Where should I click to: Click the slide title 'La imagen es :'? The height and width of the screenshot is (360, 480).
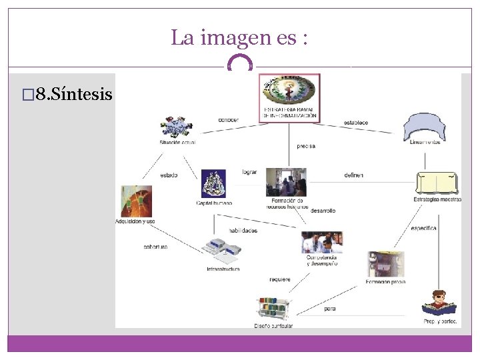[239, 37]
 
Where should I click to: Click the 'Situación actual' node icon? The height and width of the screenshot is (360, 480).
[177, 127]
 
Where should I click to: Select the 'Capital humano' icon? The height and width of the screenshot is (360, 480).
[214, 183]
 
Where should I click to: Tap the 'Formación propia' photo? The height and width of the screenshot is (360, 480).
[385, 265]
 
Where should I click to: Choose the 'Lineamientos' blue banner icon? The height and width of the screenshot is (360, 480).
[425, 127]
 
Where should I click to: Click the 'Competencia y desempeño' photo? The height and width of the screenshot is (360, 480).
[322, 242]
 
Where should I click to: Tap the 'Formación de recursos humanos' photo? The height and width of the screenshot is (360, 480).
[287, 182]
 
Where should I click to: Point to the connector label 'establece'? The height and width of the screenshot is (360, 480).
[355, 123]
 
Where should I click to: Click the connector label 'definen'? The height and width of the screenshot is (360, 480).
[353, 175]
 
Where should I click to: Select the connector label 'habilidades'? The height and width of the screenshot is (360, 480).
[243, 231]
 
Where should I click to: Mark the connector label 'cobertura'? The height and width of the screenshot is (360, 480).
[155, 246]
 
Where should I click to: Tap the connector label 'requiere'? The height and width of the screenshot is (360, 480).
[280, 279]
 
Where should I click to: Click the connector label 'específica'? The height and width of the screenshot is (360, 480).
[423, 228]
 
